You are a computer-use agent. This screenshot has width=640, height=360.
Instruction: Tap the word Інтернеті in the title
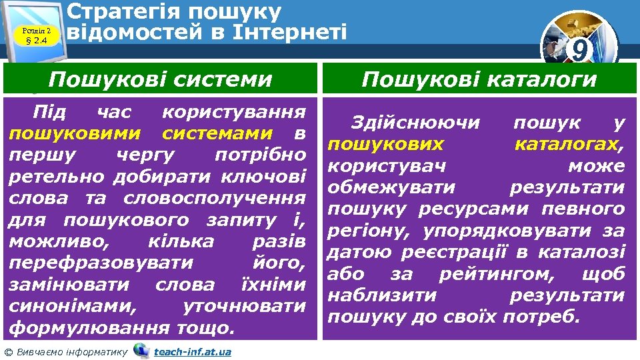(x=290, y=31)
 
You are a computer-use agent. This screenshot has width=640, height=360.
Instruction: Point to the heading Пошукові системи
(x=160, y=80)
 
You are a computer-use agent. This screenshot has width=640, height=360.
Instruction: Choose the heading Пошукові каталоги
(x=479, y=80)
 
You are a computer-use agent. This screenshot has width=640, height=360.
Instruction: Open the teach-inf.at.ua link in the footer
(x=192, y=351)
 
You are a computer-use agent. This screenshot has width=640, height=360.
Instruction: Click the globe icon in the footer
(x=141, y=350)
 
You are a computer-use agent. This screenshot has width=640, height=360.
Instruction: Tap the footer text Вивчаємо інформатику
(x=70, y=351)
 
